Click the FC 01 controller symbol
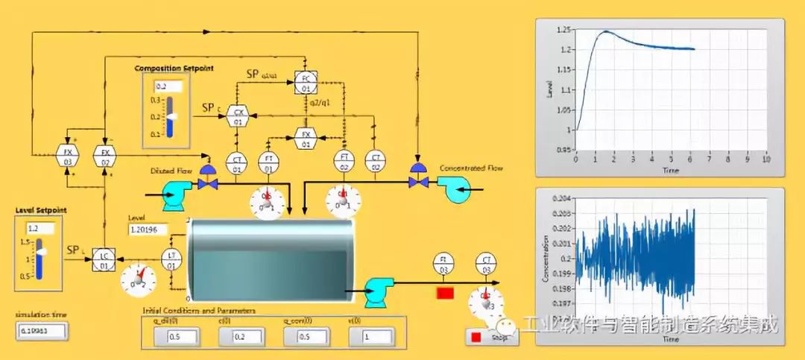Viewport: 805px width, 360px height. point(305,82)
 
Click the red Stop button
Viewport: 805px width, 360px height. point(476,338)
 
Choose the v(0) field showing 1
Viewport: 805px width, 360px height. point(374,337)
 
